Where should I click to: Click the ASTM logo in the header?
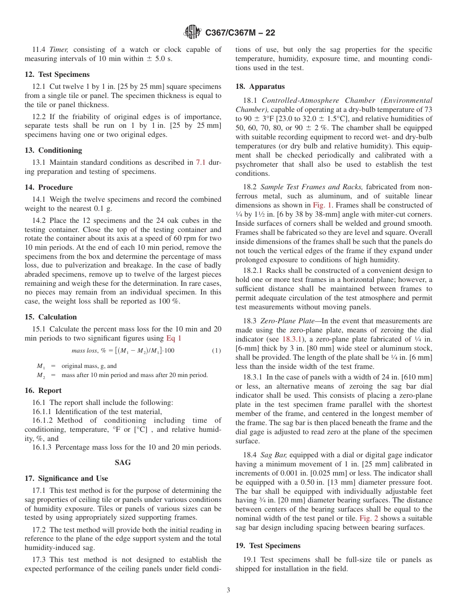(x=193, y=33)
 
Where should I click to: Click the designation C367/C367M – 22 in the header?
(x=240, y=33)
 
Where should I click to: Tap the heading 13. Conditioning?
(x=53, y=150)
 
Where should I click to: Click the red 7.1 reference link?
(x=201, y=162)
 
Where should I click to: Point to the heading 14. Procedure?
(x=49, y=187)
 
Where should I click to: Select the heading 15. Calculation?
(x=51, y=317)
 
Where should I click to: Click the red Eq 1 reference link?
(x=174, y=338)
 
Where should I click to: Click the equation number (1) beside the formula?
(x=216, y=351)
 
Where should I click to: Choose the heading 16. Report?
(x=43, y=391)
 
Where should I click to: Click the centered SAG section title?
(x=123, y=463)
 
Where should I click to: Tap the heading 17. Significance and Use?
(x=66, y=478)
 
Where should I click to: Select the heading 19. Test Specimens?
(x=267, y=546)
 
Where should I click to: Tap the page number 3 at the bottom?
(x=228, y=590)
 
